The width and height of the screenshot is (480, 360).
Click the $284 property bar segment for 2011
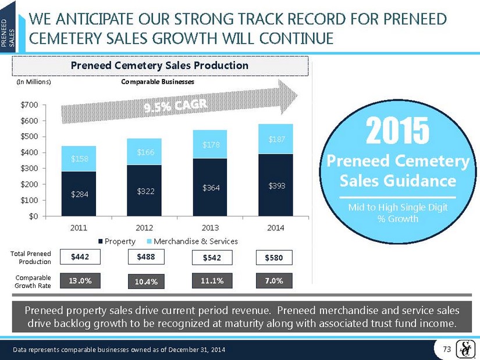[79, 194]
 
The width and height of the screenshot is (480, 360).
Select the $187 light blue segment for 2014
[276, 139]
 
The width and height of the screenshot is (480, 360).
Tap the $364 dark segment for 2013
[211, 187]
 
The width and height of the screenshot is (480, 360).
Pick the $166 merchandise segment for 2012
[145, 152]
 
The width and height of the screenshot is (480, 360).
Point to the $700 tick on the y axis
[44, 105]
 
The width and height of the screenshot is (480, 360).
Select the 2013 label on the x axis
[211, 227]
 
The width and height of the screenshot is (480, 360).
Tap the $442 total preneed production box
[79, 256]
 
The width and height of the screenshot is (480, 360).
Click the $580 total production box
[276, 257]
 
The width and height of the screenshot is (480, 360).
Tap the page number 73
[447, 348]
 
